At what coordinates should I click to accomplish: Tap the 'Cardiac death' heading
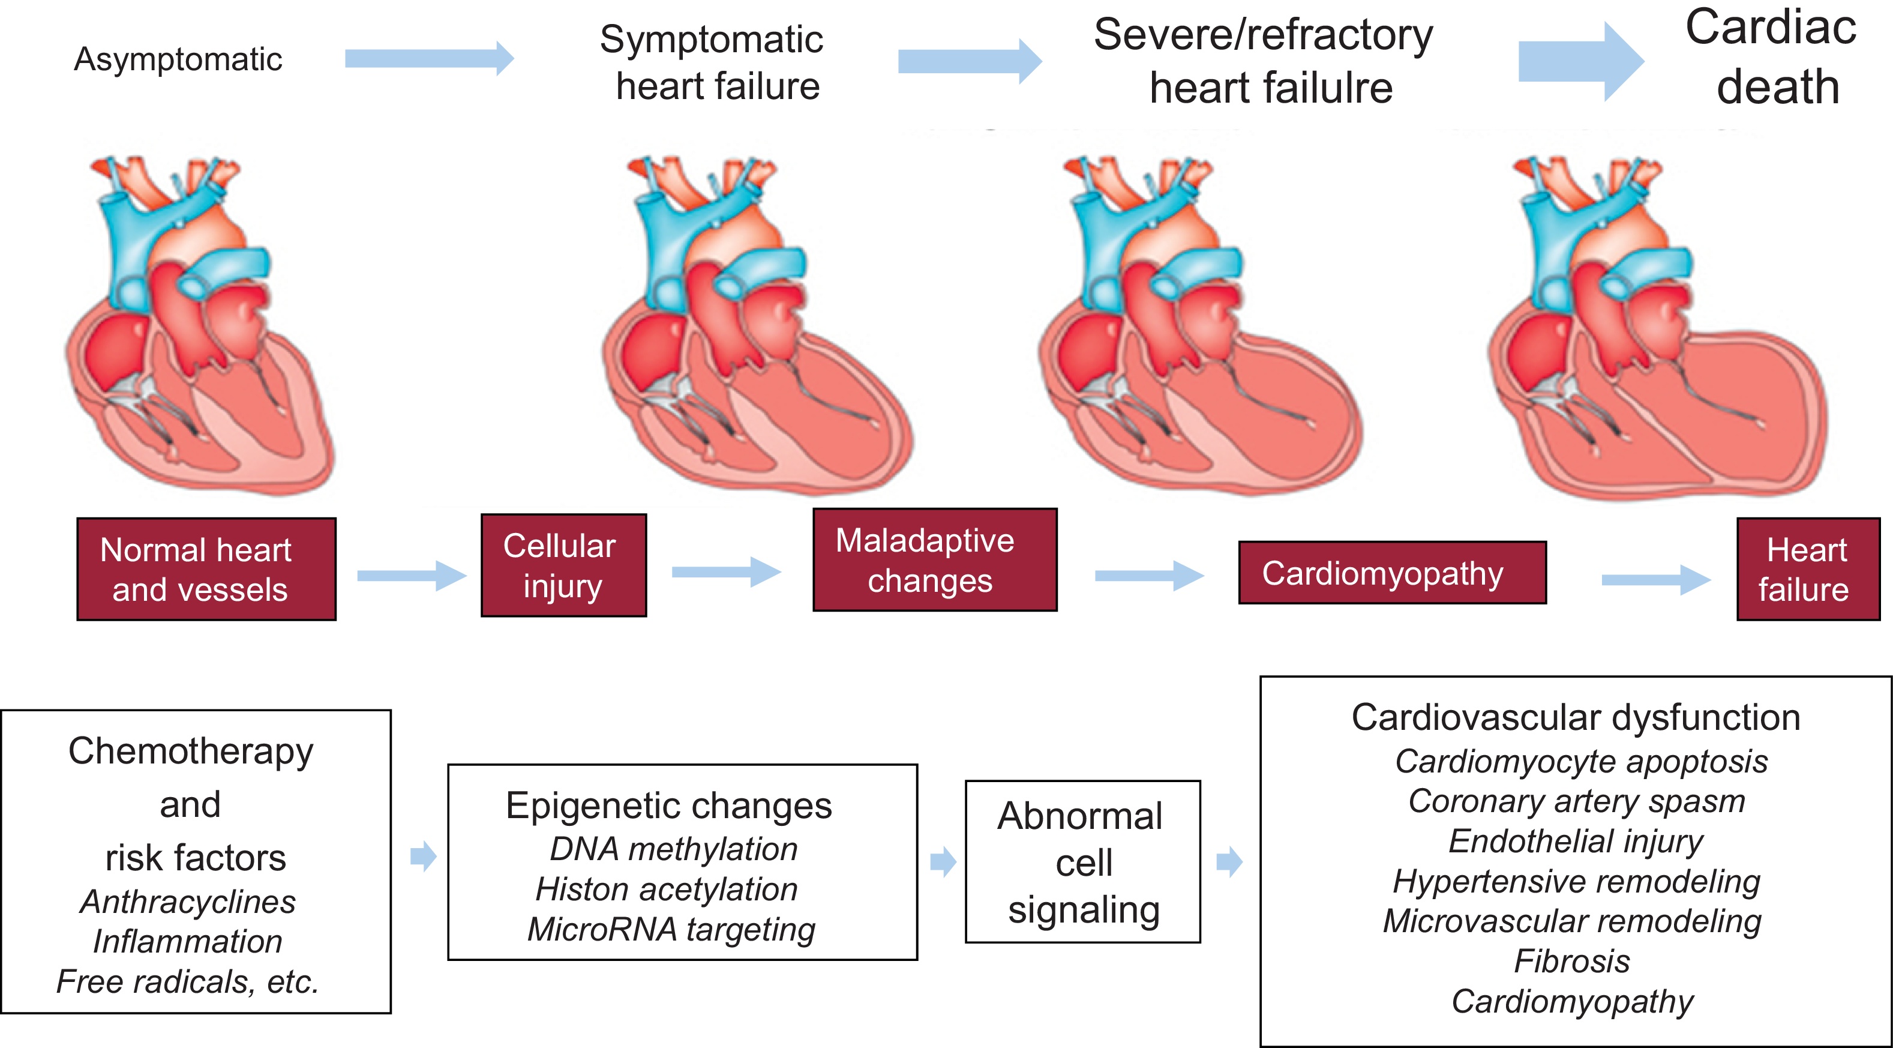point(1772,58)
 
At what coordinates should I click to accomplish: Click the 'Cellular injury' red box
point(563,565)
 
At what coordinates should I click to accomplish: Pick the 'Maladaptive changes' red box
point(934,560)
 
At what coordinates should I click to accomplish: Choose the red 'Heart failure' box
point(1807,570)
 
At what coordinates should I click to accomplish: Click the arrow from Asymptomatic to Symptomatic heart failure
point(429,59)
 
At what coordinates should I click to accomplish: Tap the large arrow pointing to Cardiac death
point(1580,61)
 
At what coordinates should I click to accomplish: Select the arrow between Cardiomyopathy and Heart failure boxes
point(1655,580)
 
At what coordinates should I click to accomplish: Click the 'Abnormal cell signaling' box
point(1082,862)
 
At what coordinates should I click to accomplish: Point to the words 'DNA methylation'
point(674,849)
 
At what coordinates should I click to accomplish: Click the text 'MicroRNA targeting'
point(671,930)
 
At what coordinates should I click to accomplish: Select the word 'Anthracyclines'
point(188,902)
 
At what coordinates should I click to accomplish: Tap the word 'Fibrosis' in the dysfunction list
point(1572,962)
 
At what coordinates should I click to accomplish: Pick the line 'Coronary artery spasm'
point(1576,801)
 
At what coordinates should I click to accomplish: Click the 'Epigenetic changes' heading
point(669,806)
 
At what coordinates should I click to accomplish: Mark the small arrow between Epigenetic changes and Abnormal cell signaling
point(942,861)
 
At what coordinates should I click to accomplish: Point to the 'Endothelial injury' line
point(1576,842)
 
